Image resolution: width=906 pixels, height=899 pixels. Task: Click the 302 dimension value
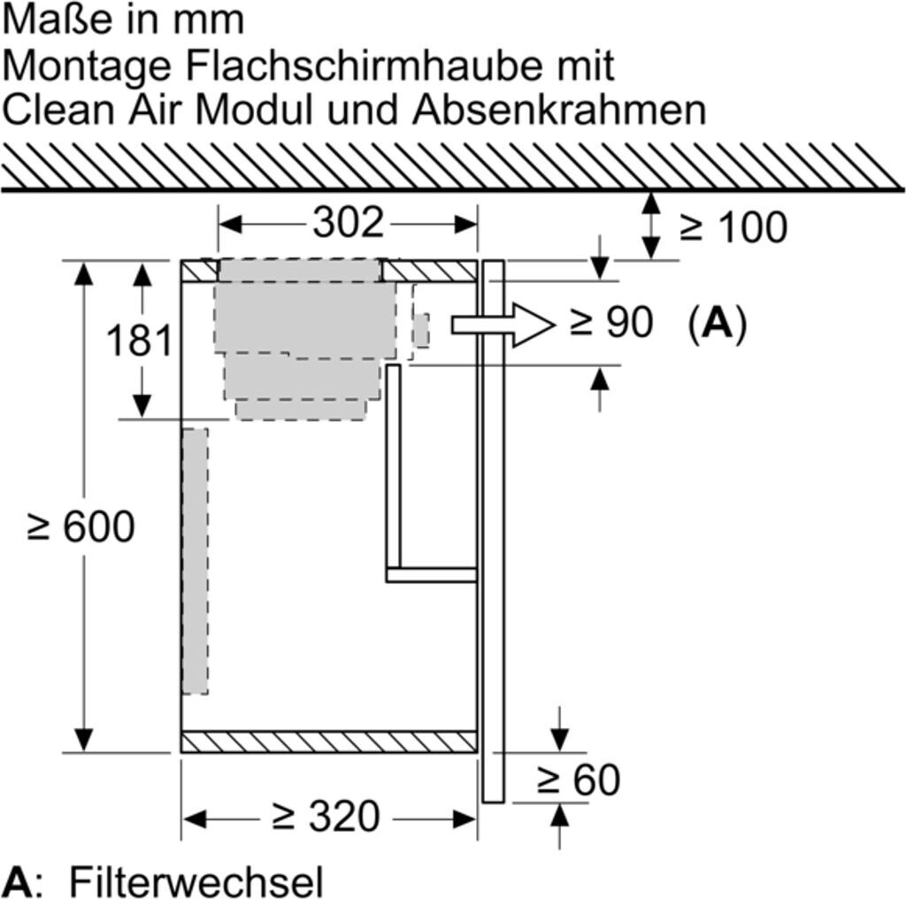tap(348, 223)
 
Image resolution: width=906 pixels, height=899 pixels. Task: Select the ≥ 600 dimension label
tap(82, 526)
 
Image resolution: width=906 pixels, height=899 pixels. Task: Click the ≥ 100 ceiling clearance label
tap(733, 227)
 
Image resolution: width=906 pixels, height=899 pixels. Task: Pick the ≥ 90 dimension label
tap(611, 323)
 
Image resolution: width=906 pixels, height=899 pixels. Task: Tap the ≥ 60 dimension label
tap(579, 780)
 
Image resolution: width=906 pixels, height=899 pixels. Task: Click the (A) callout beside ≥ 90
tap(718, 323)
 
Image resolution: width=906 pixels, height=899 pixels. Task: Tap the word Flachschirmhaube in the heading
tap(345, 65)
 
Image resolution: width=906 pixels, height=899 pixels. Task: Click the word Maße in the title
tap(55, 19)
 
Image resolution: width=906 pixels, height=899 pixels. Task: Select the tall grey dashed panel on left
tap(196, 561)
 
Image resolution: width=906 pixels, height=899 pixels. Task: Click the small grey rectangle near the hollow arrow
tap(421, 330)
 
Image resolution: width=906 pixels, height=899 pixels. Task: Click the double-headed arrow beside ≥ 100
tap(651, 226)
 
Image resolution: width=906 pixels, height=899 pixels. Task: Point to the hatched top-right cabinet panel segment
tap(430, 271)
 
